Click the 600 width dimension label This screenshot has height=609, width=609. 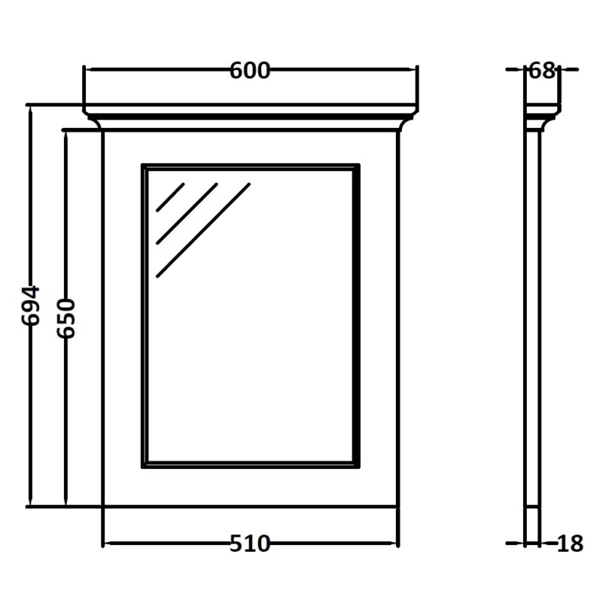point(250,71)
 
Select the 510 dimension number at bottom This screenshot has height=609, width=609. point(250,544)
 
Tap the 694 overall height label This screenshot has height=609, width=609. point(30,305)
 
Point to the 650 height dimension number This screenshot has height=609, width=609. point(66,318)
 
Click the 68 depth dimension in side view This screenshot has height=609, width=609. point(541,71)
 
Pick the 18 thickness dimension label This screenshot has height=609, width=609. point(570,544)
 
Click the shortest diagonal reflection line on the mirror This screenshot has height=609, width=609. point(170,197)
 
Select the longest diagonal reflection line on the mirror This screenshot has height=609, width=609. point(203,230)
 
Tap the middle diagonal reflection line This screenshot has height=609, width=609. point(187,214)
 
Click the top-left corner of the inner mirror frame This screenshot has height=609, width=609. point(142,164)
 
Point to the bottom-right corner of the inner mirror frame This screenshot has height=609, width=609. point(359,467)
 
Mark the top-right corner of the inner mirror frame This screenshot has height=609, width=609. point(359,164)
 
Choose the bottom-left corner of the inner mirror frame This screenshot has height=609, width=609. point(142,467)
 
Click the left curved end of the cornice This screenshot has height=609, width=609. point(92,119)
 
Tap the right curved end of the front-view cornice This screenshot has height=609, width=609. point(409,119)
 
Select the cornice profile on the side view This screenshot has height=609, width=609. point(543,118)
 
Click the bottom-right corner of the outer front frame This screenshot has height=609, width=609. point(398,507)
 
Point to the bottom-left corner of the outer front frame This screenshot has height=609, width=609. point(103,507)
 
